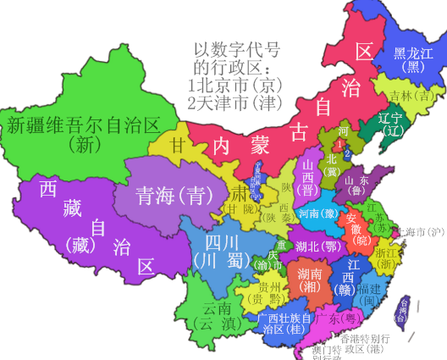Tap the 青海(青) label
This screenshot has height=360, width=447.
[x=162, y=195]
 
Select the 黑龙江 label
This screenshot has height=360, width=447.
[x=413, y=53]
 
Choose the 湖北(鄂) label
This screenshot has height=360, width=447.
[x=318, y=246]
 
